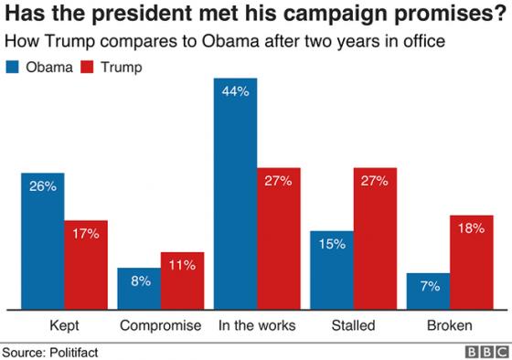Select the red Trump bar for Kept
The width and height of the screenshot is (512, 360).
(86, 264)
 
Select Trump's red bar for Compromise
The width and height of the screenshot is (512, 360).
(183, 280)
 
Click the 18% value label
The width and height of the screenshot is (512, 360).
(472, 228)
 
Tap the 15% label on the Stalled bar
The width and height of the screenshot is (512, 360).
(332, 245)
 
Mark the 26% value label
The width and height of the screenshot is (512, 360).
(42, 185)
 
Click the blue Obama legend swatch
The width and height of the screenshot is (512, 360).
(15, 67)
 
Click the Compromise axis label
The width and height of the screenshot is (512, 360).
(162, 325)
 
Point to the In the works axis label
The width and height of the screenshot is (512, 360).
(257, 325)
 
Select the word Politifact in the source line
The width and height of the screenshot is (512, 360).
(72, 350)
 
